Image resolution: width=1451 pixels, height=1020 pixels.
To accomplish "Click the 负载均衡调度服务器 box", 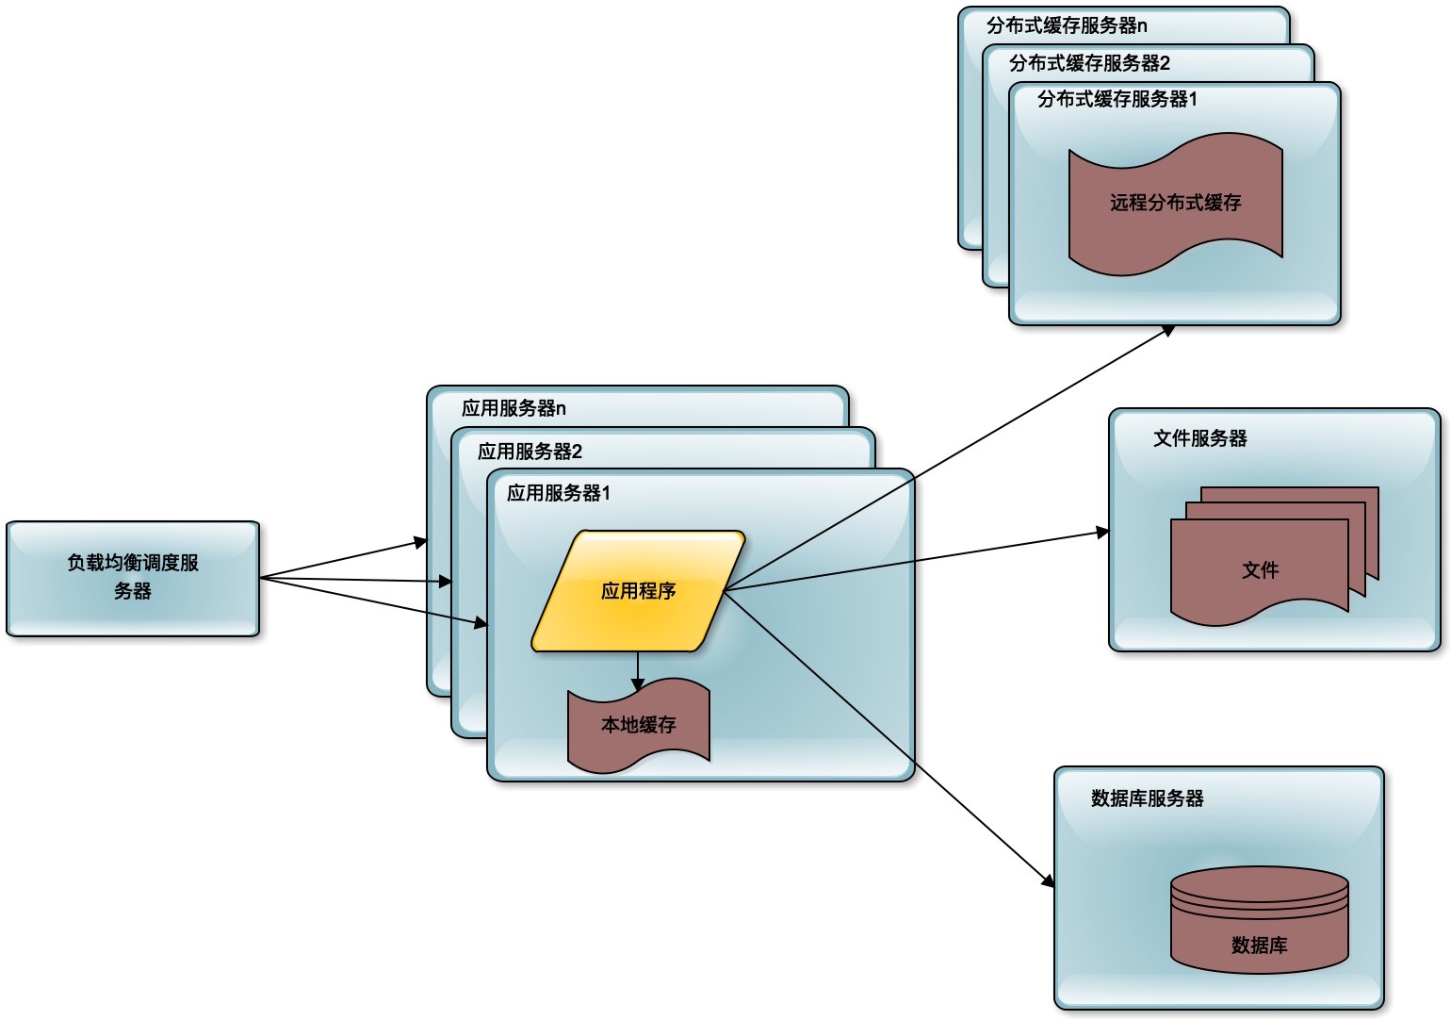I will [133, 578].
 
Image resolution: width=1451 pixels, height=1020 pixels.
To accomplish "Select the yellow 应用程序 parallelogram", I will [638, 591].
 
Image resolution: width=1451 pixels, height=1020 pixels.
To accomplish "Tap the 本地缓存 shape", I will [638, 725].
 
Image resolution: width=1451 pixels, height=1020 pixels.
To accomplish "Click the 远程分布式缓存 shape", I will [1175, 203].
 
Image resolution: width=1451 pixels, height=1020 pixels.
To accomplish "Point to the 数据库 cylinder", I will [1259, 921].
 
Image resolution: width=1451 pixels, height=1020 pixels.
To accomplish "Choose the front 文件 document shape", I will [1259, 568].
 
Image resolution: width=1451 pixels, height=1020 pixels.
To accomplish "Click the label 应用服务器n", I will [514, 408].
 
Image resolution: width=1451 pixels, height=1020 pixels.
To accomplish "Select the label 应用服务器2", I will [530, 452].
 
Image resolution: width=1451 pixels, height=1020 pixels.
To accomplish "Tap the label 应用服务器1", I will [559, 493].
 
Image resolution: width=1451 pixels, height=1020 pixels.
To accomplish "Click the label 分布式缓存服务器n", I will [1067, 25].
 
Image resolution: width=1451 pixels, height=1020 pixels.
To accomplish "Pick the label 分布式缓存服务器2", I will [1089, 63].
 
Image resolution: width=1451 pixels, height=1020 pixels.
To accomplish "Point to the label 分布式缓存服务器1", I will [1117, 99].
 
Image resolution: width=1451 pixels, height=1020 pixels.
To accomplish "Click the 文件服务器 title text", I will [1199, 438].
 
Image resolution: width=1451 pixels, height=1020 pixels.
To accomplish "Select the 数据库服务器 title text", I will [1147, 798].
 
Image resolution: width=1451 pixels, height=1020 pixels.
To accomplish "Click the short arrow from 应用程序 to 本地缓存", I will [638, 670].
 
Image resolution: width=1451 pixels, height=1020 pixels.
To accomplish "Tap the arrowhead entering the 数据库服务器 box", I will [1048, 880].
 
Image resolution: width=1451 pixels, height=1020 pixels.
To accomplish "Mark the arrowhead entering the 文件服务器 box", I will [1102, 533].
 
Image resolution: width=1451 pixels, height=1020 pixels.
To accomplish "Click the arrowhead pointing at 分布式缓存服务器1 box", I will [1168, 330].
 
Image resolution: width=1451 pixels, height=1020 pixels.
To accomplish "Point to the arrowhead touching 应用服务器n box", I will [421, 542].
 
